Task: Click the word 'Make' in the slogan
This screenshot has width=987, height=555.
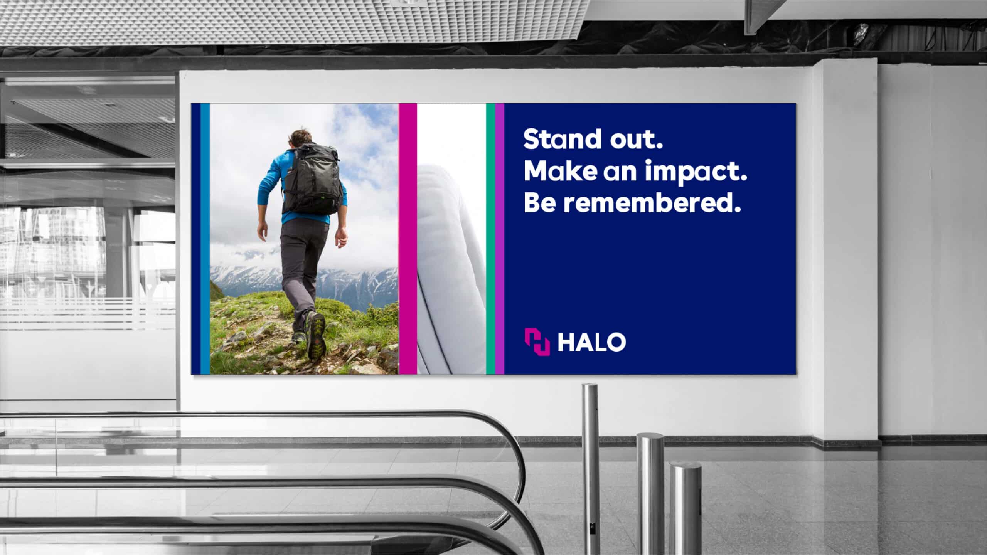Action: [x=558, y=171]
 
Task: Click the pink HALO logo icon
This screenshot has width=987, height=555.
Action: [x=537, y=341]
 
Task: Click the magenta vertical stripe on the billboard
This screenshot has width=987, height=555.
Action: [x=408, y=239]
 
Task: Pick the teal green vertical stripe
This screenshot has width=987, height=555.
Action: [x=490, y=239]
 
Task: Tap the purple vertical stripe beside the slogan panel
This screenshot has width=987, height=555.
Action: [x=500, y=239]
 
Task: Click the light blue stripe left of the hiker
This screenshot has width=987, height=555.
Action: [x=205, y=239]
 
